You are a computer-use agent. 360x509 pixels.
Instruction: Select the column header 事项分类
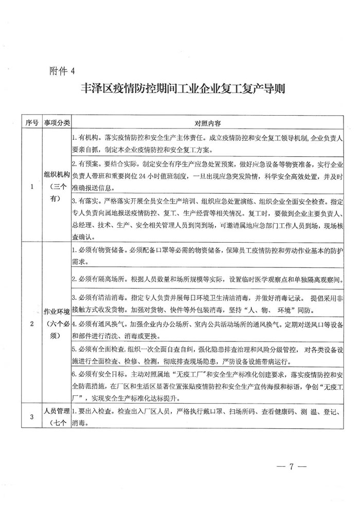pyautogui.click(x=56, y=123)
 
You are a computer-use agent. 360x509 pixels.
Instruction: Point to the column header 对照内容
pyautogui.click(x=207, y=124)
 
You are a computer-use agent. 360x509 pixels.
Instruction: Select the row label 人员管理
pyautogui.click(x=56, y=412)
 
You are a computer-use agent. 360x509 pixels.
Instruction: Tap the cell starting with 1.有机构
pyautogui.click(x=207, y=144)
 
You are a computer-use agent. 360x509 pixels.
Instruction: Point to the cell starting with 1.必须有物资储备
pyautogui.click(x=207, y=256)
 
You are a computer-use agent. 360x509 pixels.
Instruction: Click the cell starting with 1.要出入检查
pyautogui.click(x=207, y=417)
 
